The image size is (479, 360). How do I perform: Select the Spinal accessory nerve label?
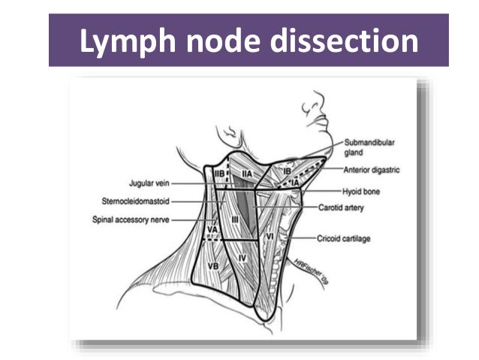[x=131, y=219]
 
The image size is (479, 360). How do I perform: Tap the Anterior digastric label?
[x=372, y=170]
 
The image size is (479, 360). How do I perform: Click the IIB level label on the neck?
[x=220, y=174]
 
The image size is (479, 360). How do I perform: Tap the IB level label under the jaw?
[x=286, y=171]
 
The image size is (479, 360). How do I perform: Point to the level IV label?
[x=243, y=258]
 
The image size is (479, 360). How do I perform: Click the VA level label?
[x=212, y=228]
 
